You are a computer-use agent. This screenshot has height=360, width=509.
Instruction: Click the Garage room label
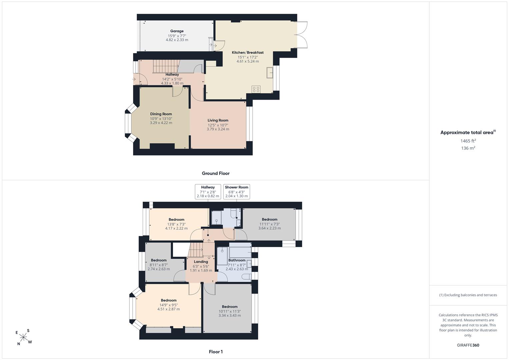click(177, 31)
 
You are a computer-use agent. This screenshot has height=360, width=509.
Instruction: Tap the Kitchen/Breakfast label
click(247, 53)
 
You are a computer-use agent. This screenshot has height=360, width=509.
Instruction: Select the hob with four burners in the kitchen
click(256, 89)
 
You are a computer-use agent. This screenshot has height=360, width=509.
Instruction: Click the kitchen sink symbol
click(270, 73)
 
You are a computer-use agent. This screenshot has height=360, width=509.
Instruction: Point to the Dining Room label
click(161, 114)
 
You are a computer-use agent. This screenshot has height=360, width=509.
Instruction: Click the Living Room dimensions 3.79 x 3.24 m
click(218, 129)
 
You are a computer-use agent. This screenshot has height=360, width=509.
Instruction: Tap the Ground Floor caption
click(216, 173)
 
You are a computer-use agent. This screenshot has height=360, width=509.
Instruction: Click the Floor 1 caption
click(216, 352)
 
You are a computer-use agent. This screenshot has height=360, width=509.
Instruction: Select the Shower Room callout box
click(237, 192)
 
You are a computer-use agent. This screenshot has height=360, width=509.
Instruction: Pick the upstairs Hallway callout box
click(208, 192)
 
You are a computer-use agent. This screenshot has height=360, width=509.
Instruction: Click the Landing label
click(201, 262)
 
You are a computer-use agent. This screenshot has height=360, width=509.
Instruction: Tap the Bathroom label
click(237, 260)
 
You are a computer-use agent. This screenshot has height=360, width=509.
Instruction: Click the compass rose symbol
click(24, 337)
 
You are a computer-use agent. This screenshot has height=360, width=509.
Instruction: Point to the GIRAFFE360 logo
click(468, 345)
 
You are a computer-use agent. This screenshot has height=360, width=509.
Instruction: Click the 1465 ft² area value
click(468, 141)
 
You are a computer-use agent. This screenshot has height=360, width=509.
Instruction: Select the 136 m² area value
click(468, 148)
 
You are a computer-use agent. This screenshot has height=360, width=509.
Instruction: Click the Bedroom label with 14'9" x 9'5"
click(169, 300)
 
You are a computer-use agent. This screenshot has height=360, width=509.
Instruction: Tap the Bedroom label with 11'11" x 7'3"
click(269, 219)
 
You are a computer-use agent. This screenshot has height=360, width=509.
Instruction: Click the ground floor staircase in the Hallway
click(166, 66)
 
